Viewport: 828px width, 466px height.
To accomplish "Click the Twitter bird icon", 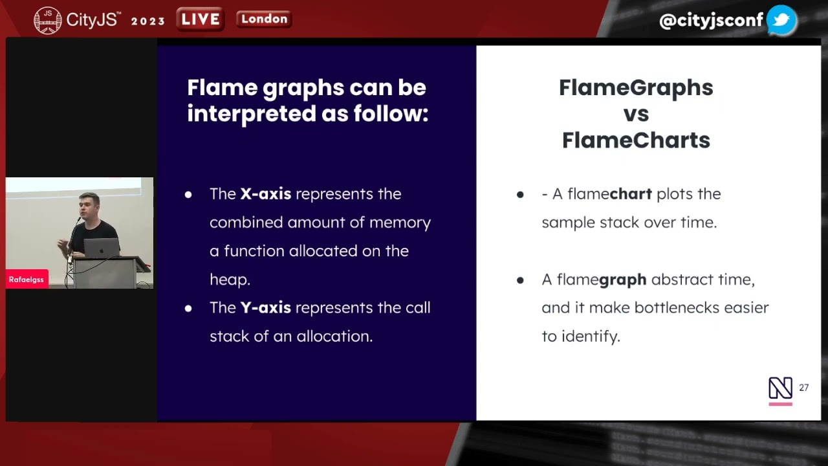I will (781, 20).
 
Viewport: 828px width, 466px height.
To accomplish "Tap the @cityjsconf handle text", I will (711, 21).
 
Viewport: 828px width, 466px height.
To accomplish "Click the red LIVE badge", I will (201, 19).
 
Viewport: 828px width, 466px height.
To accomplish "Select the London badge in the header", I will (264, 19).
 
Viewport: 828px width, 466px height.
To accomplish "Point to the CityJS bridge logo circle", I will (47, 21).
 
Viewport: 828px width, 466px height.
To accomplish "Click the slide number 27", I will (803, 388).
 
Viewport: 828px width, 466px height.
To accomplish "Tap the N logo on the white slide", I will (780, 388).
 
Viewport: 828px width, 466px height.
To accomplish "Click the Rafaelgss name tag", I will (27, 280).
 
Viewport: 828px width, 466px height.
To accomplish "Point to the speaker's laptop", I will (102, 248).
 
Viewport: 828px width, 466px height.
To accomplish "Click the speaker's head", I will (89, 205).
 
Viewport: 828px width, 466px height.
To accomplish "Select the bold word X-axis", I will (266, 194).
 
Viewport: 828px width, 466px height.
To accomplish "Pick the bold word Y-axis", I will (265, 307).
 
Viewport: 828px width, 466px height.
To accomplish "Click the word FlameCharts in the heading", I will (636, 140).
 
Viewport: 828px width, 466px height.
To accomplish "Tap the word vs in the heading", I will (636, 114).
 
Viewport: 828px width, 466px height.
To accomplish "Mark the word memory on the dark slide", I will (400, 223).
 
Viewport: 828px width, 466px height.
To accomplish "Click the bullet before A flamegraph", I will (520, 280).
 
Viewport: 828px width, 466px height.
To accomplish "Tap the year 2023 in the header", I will (148, 21).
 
